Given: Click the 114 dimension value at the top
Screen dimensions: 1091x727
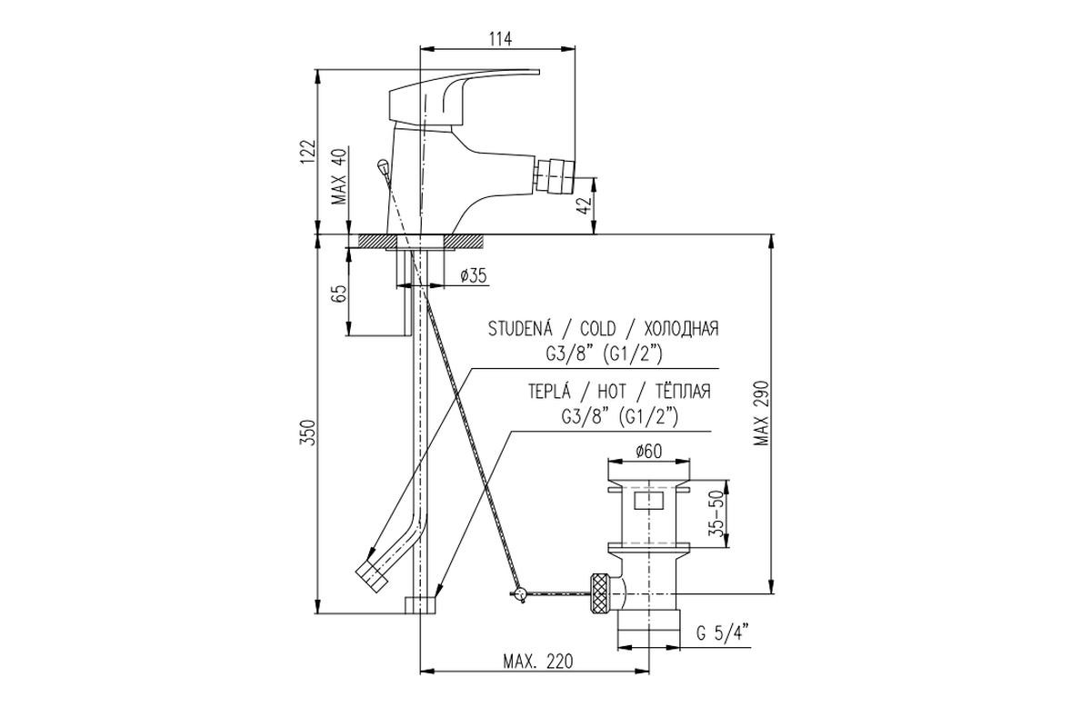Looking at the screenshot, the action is [501, 38].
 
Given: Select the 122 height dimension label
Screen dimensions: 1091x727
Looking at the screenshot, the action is [308, 153].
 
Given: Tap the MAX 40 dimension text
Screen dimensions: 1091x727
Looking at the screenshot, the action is [340, 176].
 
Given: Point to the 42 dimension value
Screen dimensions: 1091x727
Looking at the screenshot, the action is [586, 205].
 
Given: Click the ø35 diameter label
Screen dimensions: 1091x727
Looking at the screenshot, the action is [474, 276].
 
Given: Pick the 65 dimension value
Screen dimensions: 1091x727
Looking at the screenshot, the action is [339, 294].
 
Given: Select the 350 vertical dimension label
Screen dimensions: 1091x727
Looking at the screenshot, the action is [308, 433].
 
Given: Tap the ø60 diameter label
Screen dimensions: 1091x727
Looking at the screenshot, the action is [649, 452].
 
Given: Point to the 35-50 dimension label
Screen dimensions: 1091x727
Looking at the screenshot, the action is [717, 513].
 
